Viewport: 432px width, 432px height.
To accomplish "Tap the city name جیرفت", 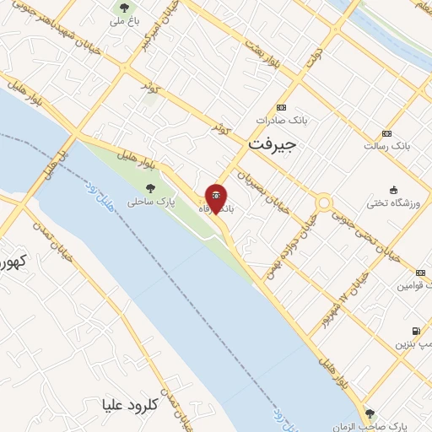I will pyautogui.click(x=273, y=144).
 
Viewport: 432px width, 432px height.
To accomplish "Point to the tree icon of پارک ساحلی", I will pyautogui.click(x=151, y=189).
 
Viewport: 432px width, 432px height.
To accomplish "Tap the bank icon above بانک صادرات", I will pyautogui.click(x=281, y=107).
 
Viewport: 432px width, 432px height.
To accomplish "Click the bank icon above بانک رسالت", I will pyautogui.click(x=386, y=133).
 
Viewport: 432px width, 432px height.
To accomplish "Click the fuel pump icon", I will pyautogui.click(x=414, y=331).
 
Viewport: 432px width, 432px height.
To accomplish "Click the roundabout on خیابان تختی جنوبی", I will pyautogui.click(x=324, y=203).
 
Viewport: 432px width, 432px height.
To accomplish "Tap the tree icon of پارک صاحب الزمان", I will pyautogui.click(x=370, y=413).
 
